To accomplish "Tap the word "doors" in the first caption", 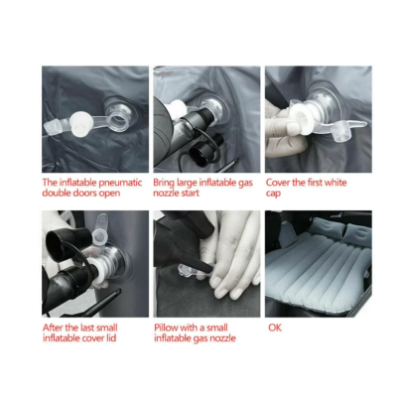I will point(76,195).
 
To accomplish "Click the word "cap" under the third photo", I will point(275,195).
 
